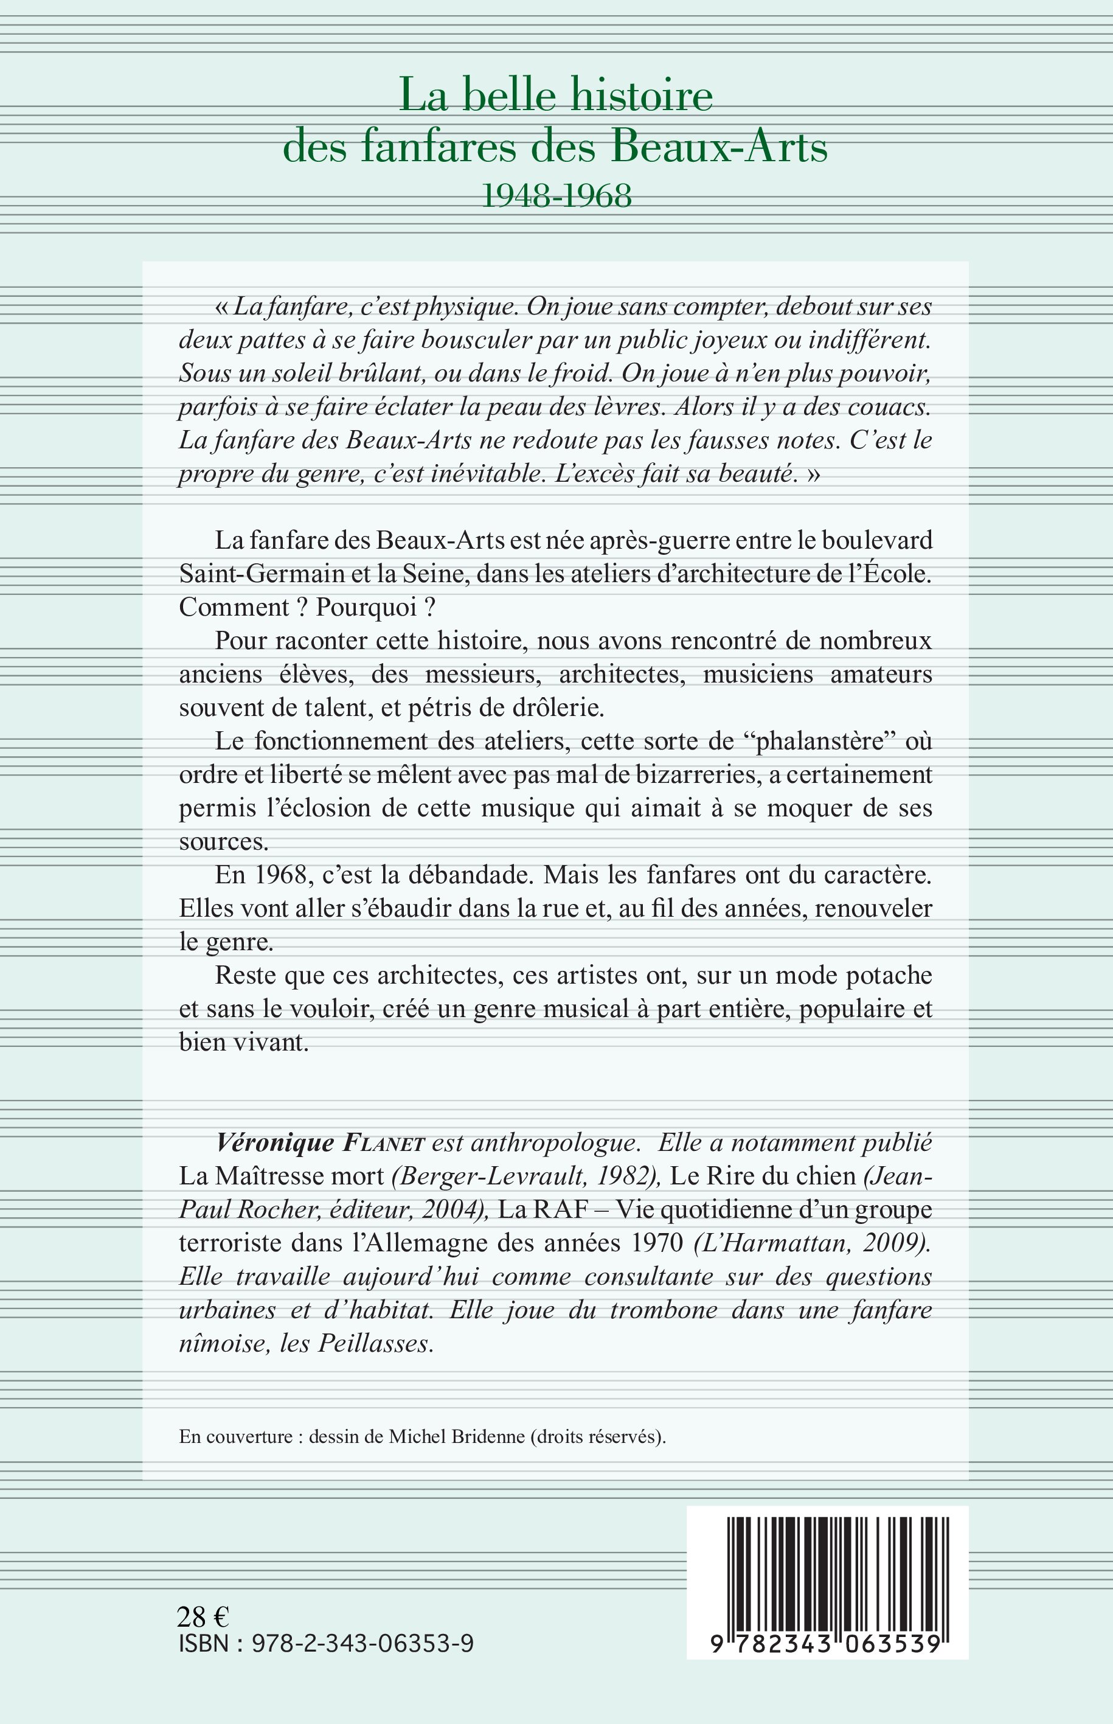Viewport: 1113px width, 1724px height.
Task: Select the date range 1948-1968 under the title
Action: click(x=556, y=195)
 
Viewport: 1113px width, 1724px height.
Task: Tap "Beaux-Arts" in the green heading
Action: click(x=719, y=147)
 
